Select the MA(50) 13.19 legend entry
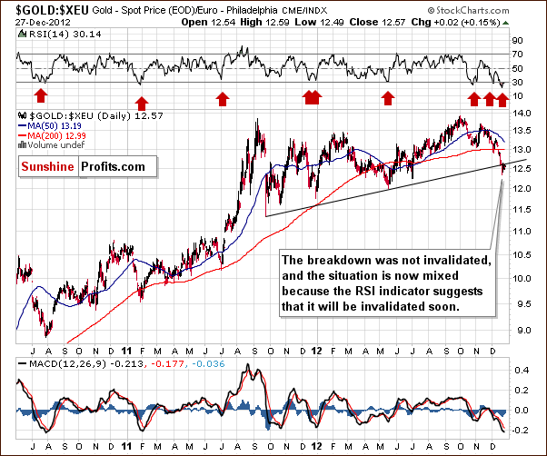[x=51, y=128]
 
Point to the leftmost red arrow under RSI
[x=40, y=94]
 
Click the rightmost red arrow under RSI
[x=502, y=94]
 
